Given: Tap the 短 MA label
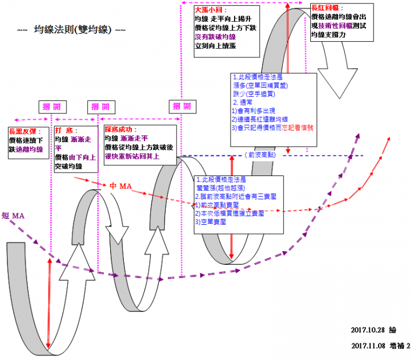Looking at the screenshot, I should (14, 215).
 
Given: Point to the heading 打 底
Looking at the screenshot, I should (64, 131).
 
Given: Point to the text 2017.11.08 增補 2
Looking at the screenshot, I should (380, 346).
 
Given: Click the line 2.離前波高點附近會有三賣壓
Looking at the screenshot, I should (236, 196).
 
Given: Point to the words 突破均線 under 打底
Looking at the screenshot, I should (68, 166).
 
